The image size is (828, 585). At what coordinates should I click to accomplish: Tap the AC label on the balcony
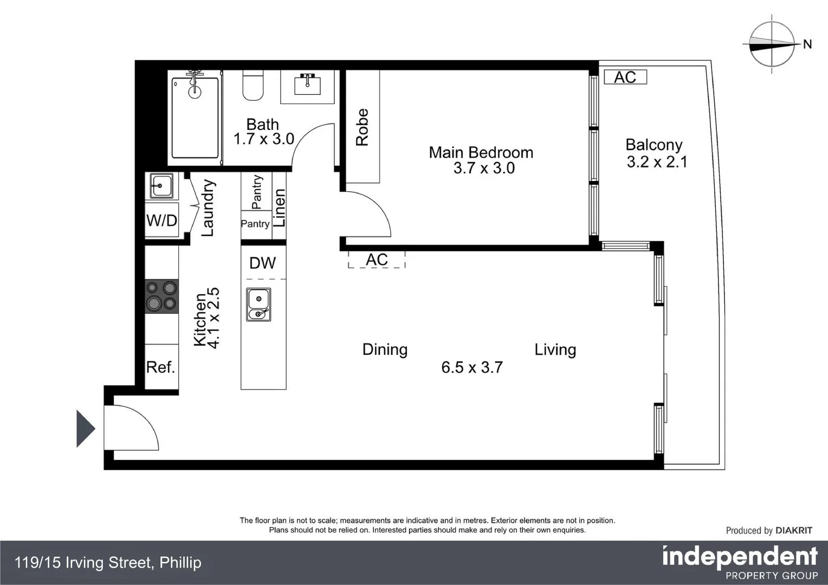pos(625,77)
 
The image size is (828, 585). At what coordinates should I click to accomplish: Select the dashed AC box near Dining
pos(377,260)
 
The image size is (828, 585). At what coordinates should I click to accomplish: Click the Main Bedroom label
pos(481,153)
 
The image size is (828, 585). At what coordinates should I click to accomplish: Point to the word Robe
pos(362,127)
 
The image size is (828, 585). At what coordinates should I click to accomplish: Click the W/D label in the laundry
pos(161,221)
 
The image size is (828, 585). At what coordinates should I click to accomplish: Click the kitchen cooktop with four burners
pos(161,296)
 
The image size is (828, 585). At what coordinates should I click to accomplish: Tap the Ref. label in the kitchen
pos(161,367)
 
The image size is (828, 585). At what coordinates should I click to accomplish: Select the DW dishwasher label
pos(263,263)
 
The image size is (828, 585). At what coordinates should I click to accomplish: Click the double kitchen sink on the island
pos(258,304)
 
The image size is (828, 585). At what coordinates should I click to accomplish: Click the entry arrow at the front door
pos(85,429)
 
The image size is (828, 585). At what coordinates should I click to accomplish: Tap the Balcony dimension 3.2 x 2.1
pos(657,162)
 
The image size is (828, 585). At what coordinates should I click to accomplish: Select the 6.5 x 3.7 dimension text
pos(472,367)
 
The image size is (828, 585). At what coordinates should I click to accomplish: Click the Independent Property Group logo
pos(740,562)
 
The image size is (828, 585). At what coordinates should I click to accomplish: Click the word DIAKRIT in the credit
pos(794,530)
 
